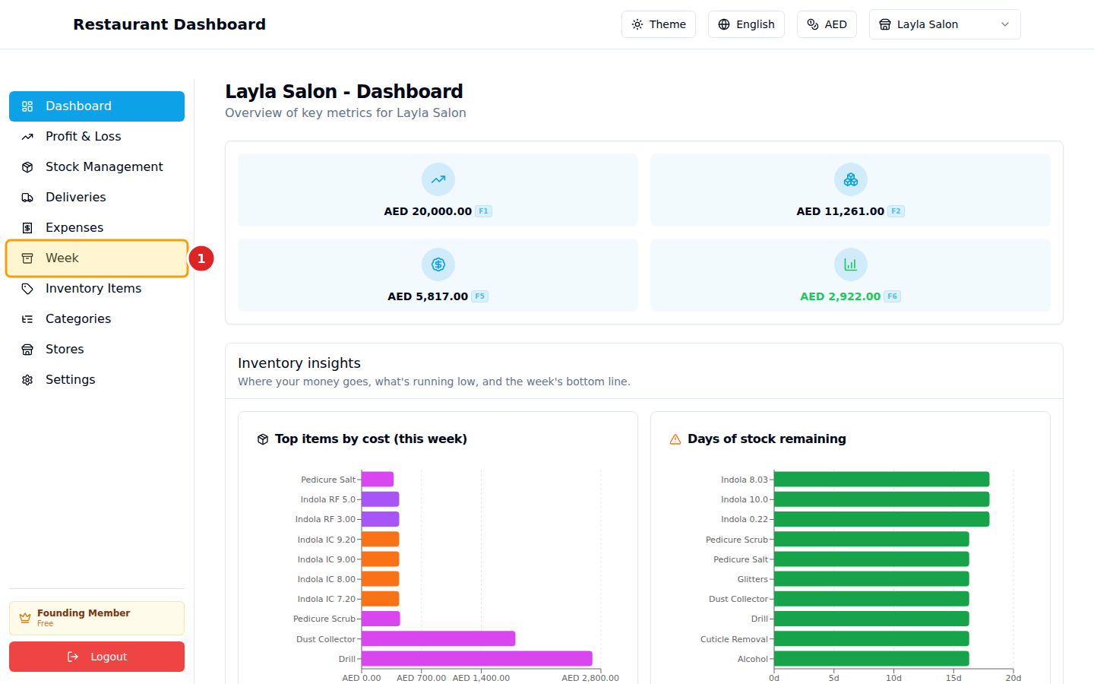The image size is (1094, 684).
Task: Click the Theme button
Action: click(x=658, y=24)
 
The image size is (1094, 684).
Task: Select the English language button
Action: click(x=746, y=24)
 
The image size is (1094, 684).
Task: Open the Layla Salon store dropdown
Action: click(x=944, y=24)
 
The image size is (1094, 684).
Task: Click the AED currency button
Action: click(x=827, y=24)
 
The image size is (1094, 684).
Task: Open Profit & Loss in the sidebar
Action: click(x=84, y=137)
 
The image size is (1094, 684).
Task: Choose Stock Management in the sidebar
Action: click(x=104, y=167)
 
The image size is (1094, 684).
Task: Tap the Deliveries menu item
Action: click(x=76, y=198)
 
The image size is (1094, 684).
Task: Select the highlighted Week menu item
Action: click(x=96, y=258)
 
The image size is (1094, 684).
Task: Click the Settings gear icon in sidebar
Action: click(x=27, y=380)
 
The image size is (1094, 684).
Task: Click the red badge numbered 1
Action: click(x=201, y=258)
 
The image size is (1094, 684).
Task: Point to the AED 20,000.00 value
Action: click(x=428, y=211)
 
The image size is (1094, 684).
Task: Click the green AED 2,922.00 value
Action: click(x=839, y=296)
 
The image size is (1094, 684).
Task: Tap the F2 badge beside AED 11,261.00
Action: click(x=896, y=211)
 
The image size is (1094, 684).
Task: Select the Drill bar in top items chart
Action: click(x=476, y=659)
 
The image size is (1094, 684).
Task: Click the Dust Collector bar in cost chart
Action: click(x=438, y=639)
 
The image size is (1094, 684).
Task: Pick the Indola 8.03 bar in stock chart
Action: click(x=881, y=480)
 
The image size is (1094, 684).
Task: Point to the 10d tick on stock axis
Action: click(x=893, y=678)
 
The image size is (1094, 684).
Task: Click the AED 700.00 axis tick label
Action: click(x=421, y=678)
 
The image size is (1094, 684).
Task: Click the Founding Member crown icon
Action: click(x=25, y=618)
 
